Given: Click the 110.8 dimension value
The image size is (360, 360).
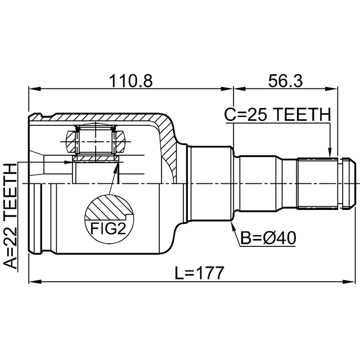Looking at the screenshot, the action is point(130,81).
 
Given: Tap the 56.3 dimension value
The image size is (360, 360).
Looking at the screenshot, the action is point(285,81).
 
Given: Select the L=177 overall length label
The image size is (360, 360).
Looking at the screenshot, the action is point(199,272).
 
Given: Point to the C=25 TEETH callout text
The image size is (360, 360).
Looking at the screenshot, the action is point(277,114).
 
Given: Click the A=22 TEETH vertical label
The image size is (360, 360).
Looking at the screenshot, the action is point(11,216).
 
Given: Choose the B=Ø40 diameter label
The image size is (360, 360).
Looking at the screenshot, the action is point(268,238).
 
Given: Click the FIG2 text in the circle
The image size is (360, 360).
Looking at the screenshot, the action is point(108,228).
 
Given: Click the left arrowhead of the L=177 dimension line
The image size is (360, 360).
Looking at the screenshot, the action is point(34,281).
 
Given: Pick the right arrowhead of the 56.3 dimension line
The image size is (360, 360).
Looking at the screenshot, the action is point(332,89).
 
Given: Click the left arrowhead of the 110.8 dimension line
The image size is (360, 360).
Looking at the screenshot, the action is point(34,89).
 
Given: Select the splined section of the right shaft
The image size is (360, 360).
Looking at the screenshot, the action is point(317,183).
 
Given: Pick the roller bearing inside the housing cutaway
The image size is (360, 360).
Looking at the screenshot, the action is point(96,142).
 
